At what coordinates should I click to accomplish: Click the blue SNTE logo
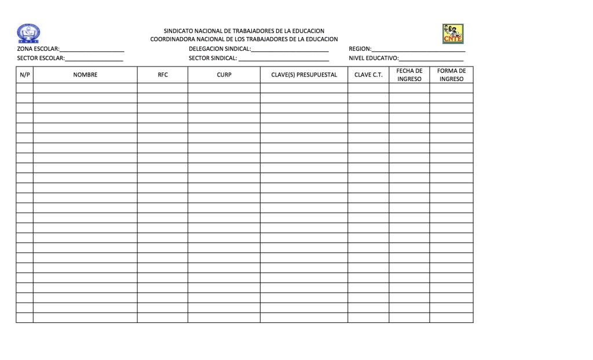[x=29, y=34]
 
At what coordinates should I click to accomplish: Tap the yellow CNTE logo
[x=452, y=34]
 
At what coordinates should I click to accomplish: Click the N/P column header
[x=24, y=75]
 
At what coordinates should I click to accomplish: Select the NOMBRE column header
[x=85, y=75]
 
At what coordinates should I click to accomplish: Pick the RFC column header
[x=163, y=75]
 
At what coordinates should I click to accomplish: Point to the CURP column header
[x=224, y=75]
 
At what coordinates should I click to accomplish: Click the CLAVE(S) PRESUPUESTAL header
[x=304, y=75]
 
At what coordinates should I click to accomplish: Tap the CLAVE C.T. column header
[x=368, y=75]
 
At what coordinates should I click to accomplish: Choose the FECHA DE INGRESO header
[x=409, y=75]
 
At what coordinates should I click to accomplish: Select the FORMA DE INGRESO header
[x=452, y=75]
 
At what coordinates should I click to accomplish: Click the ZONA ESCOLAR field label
[x=38, y=49]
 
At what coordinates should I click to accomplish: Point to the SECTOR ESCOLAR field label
[x=41, y=58]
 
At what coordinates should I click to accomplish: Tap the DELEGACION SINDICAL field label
[x=219, y=49]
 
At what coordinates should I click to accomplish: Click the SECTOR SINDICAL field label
[x=213, y=58]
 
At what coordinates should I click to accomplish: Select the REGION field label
[x=359, y=49]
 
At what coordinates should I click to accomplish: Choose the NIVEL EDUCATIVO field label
[x=374, y=58]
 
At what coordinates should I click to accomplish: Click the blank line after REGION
[x=418, y=51]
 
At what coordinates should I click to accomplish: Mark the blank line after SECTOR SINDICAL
[x=284, y=60]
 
